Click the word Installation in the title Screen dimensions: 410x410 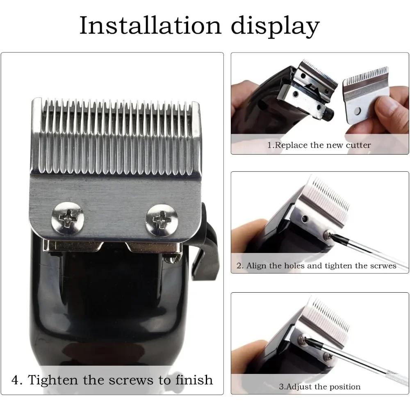148,25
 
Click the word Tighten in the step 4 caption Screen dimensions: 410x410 53,380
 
